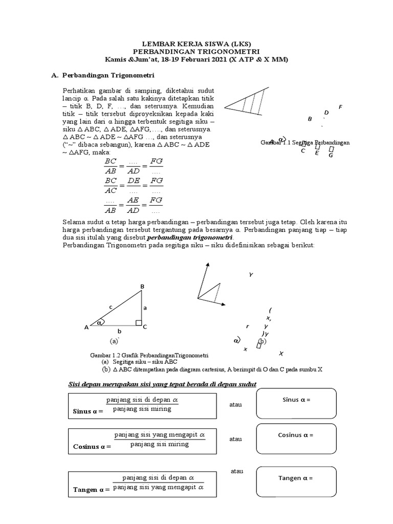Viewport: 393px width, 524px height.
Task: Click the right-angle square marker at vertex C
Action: pyautogui.click(x=138, y=322)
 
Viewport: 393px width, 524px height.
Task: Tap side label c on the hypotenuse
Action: pyautogui.click(x=111, y=307)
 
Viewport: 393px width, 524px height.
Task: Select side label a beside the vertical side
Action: pyautogui.click(x=145, y=308)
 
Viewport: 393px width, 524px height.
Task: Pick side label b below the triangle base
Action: pyautogui.click(x=119, y=332)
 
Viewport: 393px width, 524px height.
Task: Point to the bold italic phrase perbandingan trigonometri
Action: pyautogui.click(x=190, y=238)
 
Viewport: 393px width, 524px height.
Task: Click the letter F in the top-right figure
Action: pyautogui.click(x=340, y=107)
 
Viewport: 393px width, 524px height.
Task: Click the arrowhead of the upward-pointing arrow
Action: pyautogui.click(x=207, y=265)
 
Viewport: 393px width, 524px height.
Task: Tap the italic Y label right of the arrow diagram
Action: pyautogui.click(x=251, y=275)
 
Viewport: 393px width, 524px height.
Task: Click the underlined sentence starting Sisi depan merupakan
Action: pyautogui.click(x=163, y=384)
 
